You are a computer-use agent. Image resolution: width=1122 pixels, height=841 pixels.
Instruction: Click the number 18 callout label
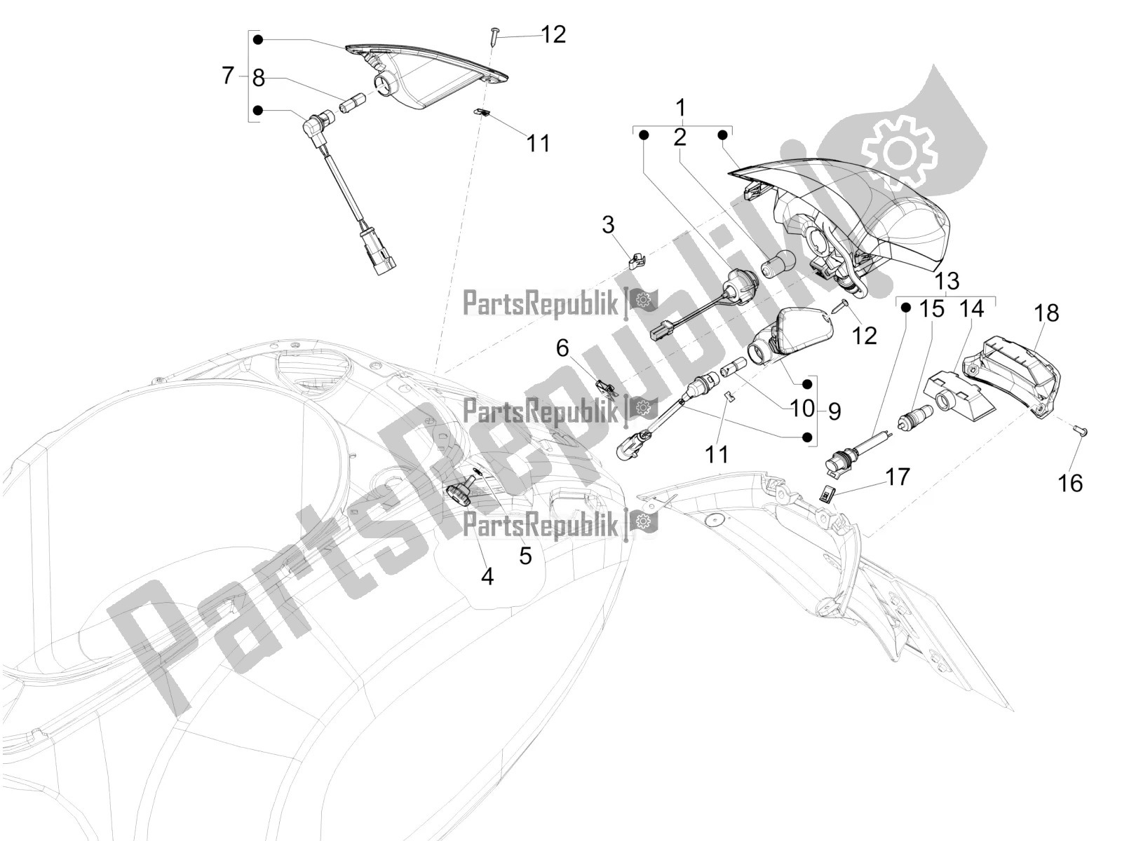(1046, 313)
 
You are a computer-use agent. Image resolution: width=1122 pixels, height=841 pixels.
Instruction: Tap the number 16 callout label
(1071, 483)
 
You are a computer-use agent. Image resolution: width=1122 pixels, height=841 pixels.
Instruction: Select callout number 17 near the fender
(898, 478)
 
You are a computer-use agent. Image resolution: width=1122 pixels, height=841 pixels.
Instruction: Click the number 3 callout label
(608, 226)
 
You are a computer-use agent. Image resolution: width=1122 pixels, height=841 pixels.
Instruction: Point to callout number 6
(562, 348)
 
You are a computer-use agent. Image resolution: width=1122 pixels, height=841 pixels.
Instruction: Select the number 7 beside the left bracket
(228, 75)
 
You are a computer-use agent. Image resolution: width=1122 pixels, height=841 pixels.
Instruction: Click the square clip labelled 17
(829, 494)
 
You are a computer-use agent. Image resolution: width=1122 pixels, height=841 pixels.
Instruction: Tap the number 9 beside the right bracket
(834, 411)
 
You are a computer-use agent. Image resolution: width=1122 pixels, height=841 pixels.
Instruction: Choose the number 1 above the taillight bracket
(680, 109)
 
